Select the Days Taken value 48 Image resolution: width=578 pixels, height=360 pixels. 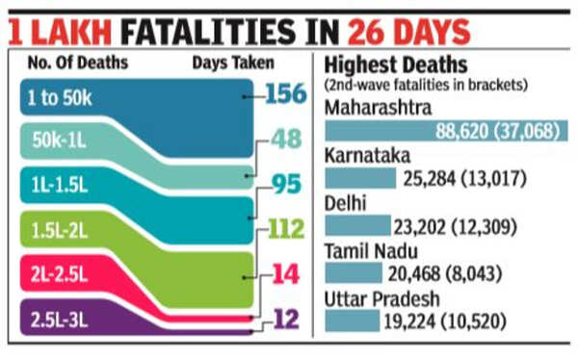coord(285,141)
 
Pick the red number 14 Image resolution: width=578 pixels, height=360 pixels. coord(285,274)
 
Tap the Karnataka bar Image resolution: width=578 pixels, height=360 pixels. coord(361,178)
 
